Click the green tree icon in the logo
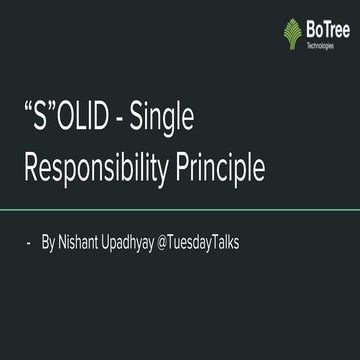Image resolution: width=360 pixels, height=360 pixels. pyautogui.click(x=292, y=33)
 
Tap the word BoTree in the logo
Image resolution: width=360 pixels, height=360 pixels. pyautogui.click(x=327, y=29)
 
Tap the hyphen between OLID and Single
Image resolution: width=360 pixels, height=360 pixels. pyautogui.click(x=134, y=124)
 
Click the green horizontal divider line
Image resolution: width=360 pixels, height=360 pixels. pyautogui.click(x=180, y=210)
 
